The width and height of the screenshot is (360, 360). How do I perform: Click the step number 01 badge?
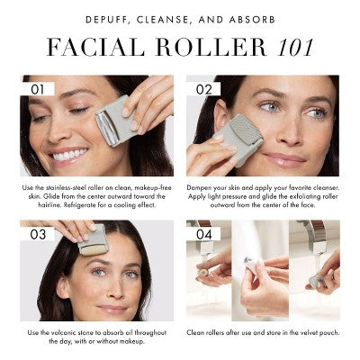click(37, 89)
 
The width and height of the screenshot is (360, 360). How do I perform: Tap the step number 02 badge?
click(203, 89)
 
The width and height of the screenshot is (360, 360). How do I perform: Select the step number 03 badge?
click(38, 233)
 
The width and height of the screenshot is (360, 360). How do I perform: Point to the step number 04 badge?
click(203, 233)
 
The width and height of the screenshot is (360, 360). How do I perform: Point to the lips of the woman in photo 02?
click(282, 159)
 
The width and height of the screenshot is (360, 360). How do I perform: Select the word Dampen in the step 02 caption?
click(205, 185)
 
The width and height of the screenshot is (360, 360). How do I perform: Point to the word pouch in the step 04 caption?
click(314, 333)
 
